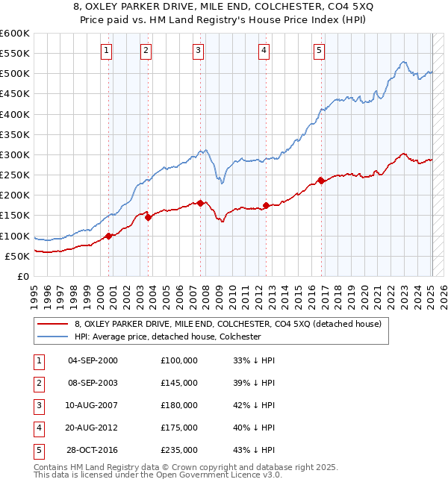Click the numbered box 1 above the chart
pos(106,51)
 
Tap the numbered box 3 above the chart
pos(198,51)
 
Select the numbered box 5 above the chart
pos(319,51)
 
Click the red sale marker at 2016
pos(321,180)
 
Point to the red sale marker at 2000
pos(109,236)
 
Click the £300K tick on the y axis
pos(14,154)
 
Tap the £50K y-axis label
pos(16,256)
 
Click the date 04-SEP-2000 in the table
pos(93,360)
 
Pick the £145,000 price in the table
pos(179,383)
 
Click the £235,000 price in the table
pos(179,450)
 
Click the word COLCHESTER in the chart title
pos(281,9)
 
